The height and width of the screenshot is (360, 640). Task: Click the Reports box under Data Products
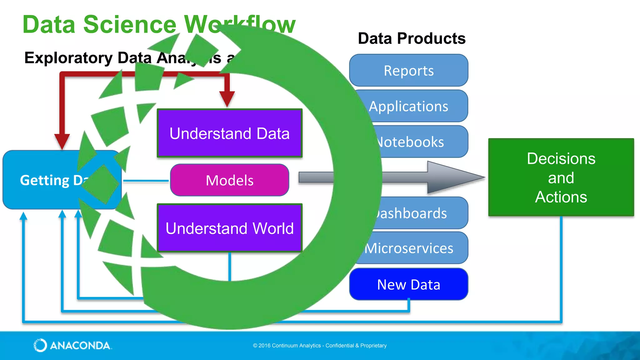pos(408,71)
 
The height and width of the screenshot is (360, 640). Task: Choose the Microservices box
pos(412,248)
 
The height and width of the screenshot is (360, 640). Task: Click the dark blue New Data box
pos(408,284)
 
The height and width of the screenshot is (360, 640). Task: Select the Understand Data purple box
pos(229,133)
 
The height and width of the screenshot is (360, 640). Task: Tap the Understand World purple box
pos(229,228)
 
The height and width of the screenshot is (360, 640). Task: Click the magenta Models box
pos(229,180)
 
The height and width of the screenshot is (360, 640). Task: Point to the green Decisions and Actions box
pos(561,177)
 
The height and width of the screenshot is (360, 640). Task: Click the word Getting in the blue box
pos(45,180)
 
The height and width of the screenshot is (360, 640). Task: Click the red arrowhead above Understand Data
pos(227,98)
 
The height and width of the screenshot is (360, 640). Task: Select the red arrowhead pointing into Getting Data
pos(62,141)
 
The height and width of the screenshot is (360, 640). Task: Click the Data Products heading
pos(412,38)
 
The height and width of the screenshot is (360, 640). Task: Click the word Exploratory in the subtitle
pos(68,58)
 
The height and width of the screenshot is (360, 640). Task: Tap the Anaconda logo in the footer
pos(72,345)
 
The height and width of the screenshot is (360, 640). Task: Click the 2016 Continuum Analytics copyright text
pos(320,346)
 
